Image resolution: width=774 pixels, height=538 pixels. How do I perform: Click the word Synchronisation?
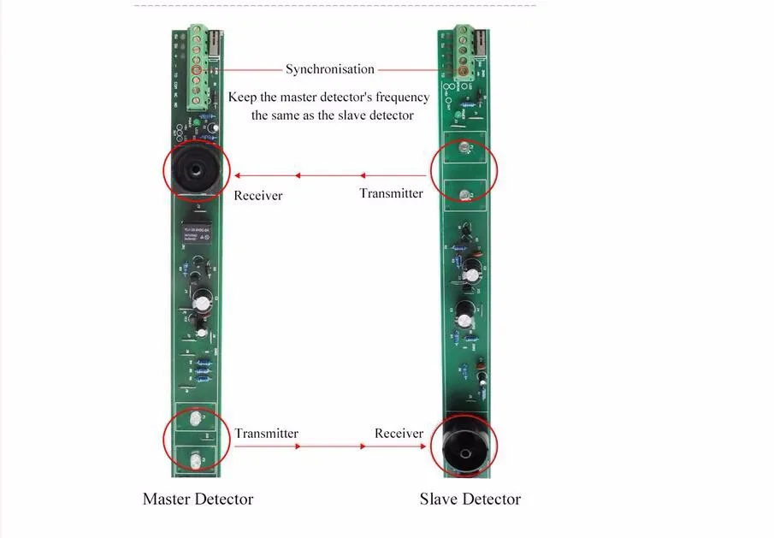click(x=330, y=69)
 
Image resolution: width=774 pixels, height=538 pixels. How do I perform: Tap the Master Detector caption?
click(x=198, y=499)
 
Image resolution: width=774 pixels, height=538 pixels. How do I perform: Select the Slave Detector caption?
click(x=470, y=499)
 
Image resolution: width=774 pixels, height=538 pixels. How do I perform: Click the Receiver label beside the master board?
click(x=257, y=196)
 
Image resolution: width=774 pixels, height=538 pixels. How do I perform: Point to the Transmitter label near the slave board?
click(x=391, y=193)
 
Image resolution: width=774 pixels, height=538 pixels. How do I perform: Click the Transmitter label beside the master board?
click(x=267, y=434)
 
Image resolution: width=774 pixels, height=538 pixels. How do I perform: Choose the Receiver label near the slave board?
click(x=399, y=434)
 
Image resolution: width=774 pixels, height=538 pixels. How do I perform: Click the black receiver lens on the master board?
click(x=196, y=172)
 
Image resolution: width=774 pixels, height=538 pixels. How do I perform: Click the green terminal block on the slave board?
click(x=465, y=54)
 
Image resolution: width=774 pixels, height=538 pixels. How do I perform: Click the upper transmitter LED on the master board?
click(x=196, y=420)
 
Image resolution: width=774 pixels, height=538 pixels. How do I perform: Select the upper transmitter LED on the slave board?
click(x=463, y=150)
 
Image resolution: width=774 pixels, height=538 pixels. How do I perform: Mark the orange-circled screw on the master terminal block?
click(x=196, y=68)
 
